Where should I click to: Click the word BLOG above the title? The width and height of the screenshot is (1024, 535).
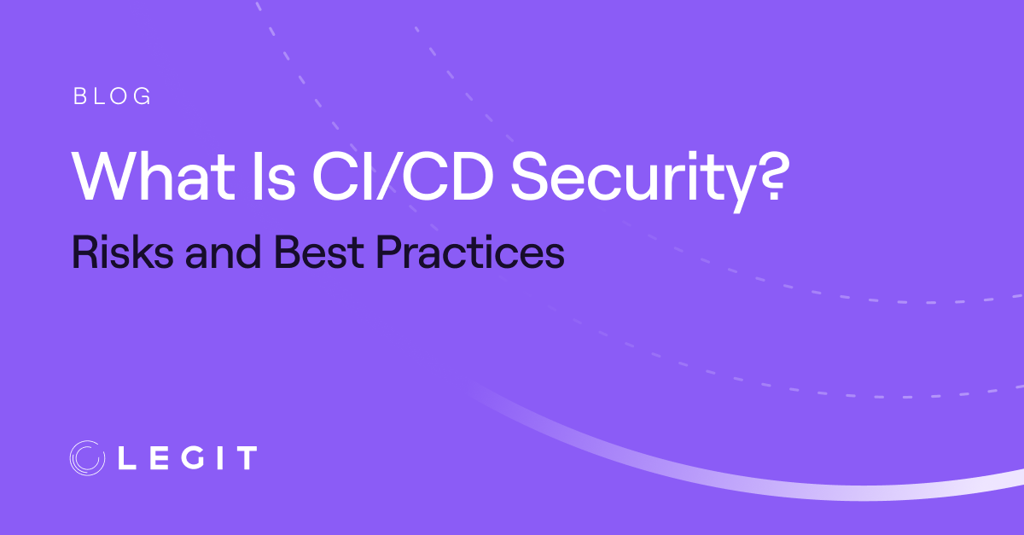(x=113, y=96)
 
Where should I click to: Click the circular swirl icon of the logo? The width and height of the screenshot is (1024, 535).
(x=87, y=458)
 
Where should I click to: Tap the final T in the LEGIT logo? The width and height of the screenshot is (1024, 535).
(x=246, y=458)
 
